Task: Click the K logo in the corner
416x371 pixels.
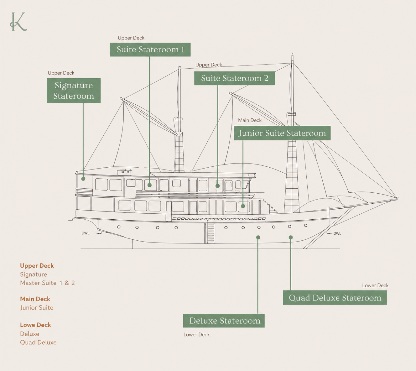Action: pyautogui.click(x=18, y=22)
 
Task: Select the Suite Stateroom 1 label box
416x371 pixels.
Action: pyautogui.click(x=150, y=50)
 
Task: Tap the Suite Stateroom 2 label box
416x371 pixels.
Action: pyautogui.click(x=235, y=78)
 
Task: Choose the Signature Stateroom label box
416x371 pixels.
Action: pyautogui.click(x=74, y=91)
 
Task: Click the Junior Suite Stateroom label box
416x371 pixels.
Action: pyautogui.click(x=282, y=133)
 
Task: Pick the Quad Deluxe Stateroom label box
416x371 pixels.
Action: pyautogui.click(x=335, y=297)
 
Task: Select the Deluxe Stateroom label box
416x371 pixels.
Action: pyautogui.click(x=224, y=321)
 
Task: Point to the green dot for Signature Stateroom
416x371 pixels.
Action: pyautogui.click(x=83, y=179)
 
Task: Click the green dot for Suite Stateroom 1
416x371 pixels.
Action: pyautogui.click(x=149, y=185)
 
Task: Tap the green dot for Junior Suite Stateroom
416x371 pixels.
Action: pyautogui.click(x=243, y=206)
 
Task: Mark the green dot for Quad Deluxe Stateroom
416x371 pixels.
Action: pyautogui.click(x=291, y=237)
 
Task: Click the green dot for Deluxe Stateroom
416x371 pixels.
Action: pyautogui.click(x=258, y=237)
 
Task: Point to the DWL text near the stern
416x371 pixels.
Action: pyautogui.click(x=86, y=233)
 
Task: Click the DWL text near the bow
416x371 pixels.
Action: pyautogui.click(x=337, y=233)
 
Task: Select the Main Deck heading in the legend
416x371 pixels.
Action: pyautogui.click(x=35, y=299)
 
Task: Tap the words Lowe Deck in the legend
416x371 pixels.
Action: pyautogui.click(x=35, y=325)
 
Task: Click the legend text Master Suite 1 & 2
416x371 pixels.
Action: pyautogui.click(x=47, y=283)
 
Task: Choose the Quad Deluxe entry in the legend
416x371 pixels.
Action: pyautogui.click(x=38, y=342)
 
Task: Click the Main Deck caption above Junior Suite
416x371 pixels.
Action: pyautogui.click(x=250, y=120)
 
